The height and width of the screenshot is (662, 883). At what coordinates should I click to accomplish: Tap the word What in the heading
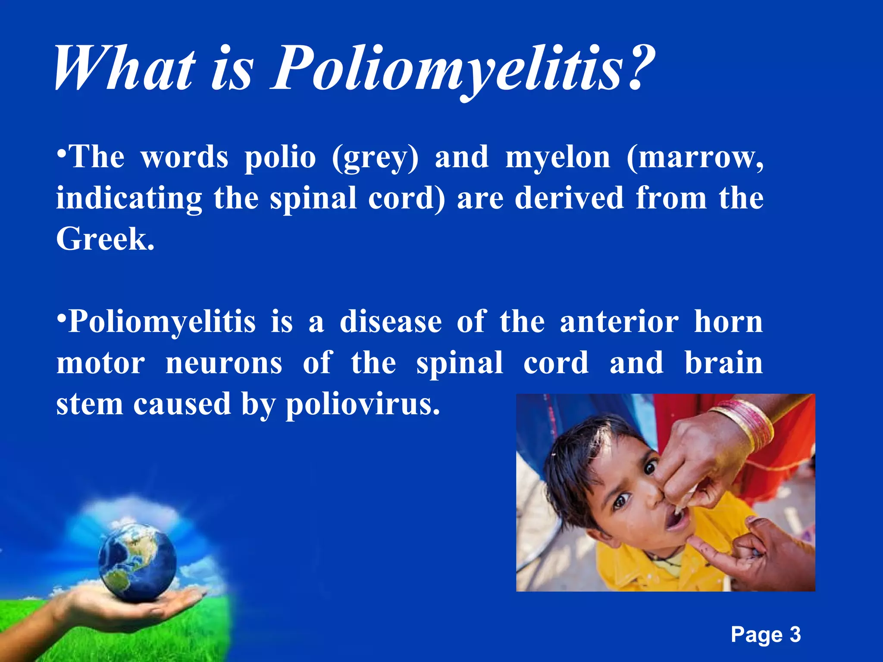pyautogui.click(x=125, y=69)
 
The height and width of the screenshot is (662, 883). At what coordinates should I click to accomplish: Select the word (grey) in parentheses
pyautogui.click(x=375, y=158)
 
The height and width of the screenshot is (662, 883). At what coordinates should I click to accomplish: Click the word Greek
pyautogui.click(x=105, y=239)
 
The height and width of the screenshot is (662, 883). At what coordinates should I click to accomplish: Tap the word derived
pyautogui.click(x=570, y=198)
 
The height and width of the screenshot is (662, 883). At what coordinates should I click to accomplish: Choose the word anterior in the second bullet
pyautogui.click(x=619, y=322)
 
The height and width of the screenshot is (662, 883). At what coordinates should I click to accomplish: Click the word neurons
pyautogui.click(x=224, y=363)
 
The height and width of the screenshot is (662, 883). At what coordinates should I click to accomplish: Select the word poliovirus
pyautogui.click(x=363, y=405)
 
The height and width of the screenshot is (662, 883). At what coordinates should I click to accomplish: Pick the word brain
pyautogui.click(x=724, y=363)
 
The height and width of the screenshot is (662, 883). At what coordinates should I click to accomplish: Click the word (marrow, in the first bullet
pyautogui.click(x=695, y=158)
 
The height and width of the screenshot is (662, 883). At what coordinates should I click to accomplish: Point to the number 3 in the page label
pyautogui.click(x=795, y=635)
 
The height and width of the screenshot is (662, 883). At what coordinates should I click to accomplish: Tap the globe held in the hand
pyautogui.click(x=137, y=560)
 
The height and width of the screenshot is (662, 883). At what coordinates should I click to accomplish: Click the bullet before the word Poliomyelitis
pyautogui.click(x=62, y=319)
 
